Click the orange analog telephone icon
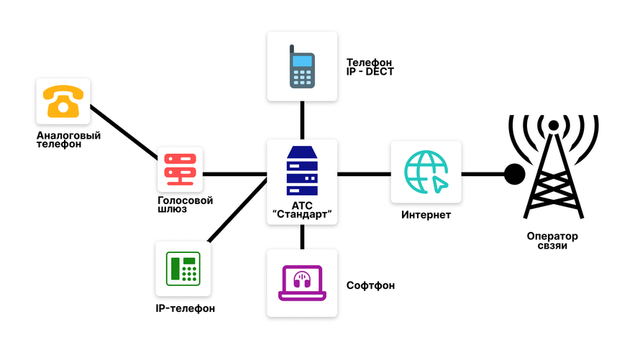pyautogui.click(x=63, y=101)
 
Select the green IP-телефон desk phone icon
pyautogui.click(x=183, y=269)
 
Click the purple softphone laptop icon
pyautogui.click(x=301, y=282)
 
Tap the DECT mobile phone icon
pyautogui.click(x=302, y=67)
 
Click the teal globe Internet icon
pyautogui.click(x=426, y=172)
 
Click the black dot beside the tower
pyautogui.click(x=514, y=174)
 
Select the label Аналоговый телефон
pyautogui.click(x=68, y=139)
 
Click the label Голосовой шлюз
pyautogui.click(x=185, y=205)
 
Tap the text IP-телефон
pyautogui.click(x=186, y=309)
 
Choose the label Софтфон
pyautogui.click(x=370, y=286)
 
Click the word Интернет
pyautogui.click(x=426, y=215)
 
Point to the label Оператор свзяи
pyautogui.click(x=552, y=241)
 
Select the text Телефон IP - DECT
pyautogui.click(x=370, y=67)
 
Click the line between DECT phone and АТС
pyautogui.click(x=302, y=120)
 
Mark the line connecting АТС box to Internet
pyautogui.click(x=364, y=174)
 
